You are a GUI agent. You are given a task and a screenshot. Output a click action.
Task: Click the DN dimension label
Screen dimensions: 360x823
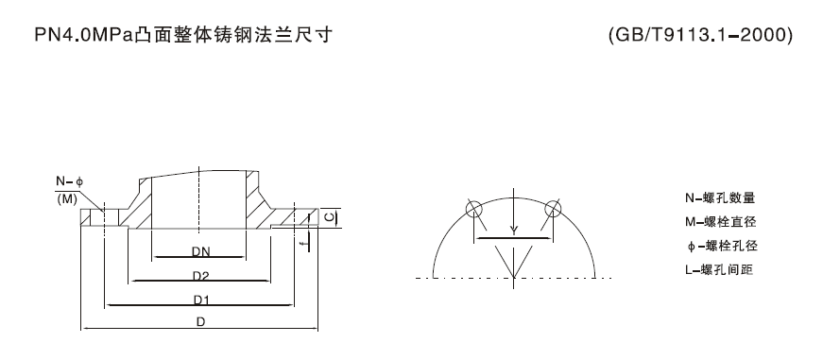pyautogui.click(x=199, y=251)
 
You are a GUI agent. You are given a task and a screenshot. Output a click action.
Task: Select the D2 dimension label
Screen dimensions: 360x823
pyautogui.click(x=199, y=275)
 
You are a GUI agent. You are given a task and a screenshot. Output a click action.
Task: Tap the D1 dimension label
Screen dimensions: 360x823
pyautogui.click(x=199, y=300)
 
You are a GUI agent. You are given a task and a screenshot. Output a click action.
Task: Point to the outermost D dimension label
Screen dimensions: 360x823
pyautogui.click(x=199, y=322)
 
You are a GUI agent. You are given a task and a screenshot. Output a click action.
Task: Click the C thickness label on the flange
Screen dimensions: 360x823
pyautogui.click(x=327, y=216)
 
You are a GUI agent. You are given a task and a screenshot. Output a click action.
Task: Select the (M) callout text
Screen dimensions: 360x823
pyautogui.click(x=68, y=199)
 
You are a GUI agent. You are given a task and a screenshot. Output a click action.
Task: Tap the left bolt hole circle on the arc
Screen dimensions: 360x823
pyautogui.click(x=473, y=209)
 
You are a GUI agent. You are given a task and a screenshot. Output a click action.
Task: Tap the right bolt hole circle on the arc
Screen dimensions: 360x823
pyautogui.click(x=553, y=209)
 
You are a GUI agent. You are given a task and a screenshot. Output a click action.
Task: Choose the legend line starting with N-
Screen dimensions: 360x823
pyautogui.click(x=720, y=198)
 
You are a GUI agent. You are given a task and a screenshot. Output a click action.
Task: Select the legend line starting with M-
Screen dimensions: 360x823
pyautogui.click(x=720, y=222)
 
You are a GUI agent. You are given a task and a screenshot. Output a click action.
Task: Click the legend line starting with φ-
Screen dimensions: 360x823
pyautogui.click(x=720, y=246)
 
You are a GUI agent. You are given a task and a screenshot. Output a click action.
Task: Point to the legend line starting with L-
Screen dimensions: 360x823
pyautogui.click(x=720, y=269)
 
